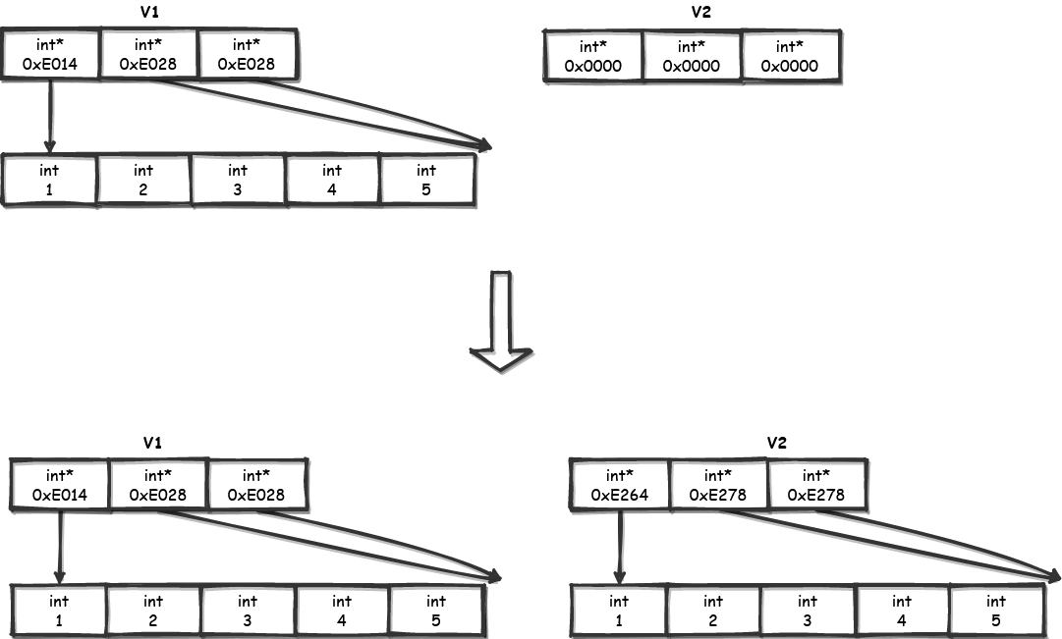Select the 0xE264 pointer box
click(619, 485)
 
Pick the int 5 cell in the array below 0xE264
click(995, 611)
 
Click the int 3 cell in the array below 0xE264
click(807, 611)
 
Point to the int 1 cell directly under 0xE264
click(619, 611)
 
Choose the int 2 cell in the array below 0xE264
click(712, 611)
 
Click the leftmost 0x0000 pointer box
click(592, 57)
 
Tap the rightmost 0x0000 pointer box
click(790, 57)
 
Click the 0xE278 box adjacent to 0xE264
click(717, 485)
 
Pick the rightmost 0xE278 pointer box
click(815, 485)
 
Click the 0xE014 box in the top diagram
click(50, 54)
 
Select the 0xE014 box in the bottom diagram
click(60, 485)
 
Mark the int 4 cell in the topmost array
click(332, 180)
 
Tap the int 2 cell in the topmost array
click(143, 180)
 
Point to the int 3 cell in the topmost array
click(238, 180)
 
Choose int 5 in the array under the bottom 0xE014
click(436, 611)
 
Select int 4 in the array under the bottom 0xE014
click(342, 611)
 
